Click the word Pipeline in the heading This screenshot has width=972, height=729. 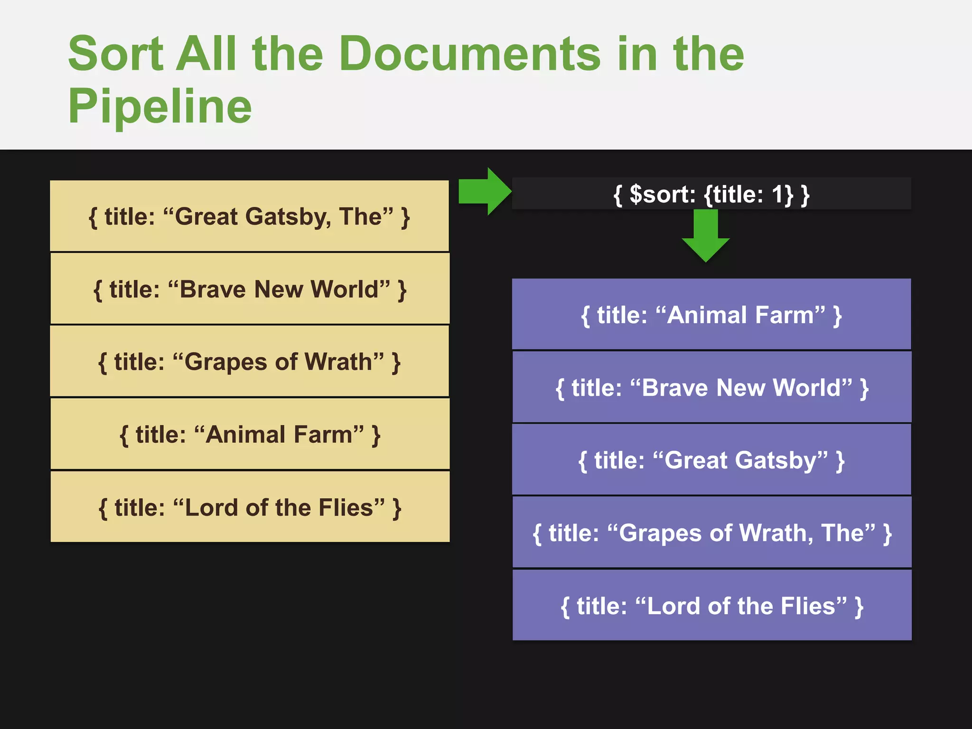160,106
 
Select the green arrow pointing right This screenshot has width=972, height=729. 484,191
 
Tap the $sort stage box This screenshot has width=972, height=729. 711,194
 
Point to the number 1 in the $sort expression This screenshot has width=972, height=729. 777,194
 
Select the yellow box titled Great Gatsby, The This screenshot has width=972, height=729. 250,216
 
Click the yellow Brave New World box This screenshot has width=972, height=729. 250,289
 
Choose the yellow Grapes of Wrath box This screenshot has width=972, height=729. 250,361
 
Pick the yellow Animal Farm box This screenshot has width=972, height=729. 250,434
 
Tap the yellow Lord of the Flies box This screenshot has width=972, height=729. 250,506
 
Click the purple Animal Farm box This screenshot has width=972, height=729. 711,314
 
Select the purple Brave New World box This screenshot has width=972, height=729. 711,387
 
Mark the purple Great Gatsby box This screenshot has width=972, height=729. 711,460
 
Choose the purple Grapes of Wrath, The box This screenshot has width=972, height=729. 711,533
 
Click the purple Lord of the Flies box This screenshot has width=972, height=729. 711,605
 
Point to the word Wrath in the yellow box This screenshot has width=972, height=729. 344,362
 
